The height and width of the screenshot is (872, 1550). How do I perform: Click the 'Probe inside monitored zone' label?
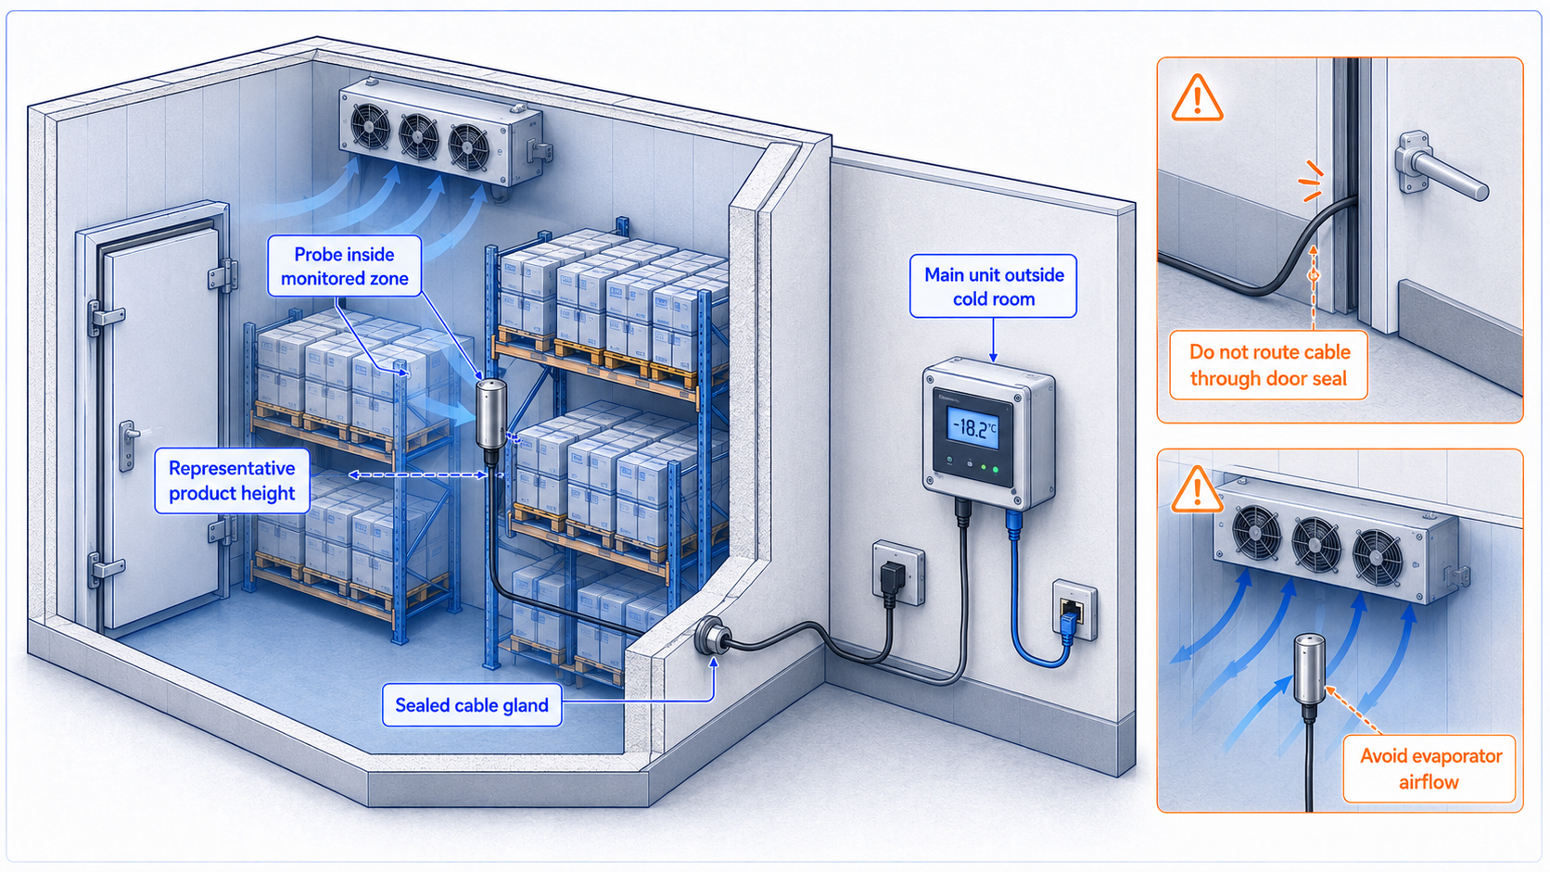[345, 266]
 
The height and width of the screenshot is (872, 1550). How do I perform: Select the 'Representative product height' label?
[232, 481]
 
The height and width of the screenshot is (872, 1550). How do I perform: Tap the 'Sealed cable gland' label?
[472, 704]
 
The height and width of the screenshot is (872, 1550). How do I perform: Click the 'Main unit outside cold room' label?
[994, 286]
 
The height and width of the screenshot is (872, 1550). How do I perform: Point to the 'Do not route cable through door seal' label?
[1269, 365]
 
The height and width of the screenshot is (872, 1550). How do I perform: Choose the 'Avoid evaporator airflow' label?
[1429, 769]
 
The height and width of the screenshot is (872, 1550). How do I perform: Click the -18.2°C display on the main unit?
[972, 429]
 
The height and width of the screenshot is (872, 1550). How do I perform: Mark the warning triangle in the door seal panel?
[1197, 98]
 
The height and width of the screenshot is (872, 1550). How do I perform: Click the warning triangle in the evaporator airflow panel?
[1197, 489]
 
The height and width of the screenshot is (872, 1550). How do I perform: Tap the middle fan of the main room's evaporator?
[418, 135]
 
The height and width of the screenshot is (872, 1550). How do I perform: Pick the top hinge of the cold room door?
[222, 275]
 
